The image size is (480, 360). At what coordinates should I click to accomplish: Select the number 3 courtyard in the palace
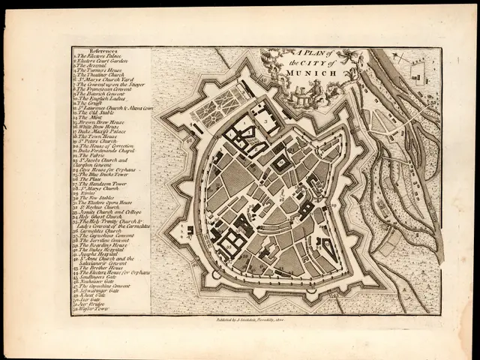(x=264, y=119)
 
